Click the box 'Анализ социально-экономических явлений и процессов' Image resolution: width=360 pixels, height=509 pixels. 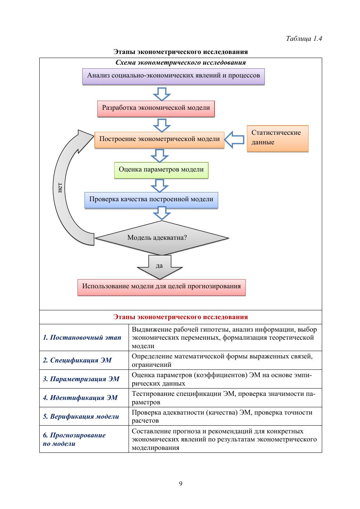coord(173,76)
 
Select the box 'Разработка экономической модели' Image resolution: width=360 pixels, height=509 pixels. coord(156,108)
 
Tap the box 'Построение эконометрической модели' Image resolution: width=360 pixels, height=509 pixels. coord(159,140)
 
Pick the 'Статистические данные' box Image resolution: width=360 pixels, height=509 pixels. coord(277,138)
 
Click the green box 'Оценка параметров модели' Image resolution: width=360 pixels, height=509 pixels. coord(161,170)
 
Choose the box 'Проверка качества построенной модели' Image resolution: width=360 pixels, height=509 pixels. coord(151,200)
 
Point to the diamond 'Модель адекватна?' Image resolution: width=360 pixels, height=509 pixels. coord(162,238)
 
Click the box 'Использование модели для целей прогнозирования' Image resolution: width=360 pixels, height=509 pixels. coord(161,287)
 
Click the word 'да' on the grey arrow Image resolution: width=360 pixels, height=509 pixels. coord(159,266)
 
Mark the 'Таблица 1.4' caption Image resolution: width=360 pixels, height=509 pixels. coord(304,39)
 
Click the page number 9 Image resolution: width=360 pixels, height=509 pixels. coord(180,483)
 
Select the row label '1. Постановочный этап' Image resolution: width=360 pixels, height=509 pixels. coord(82,337)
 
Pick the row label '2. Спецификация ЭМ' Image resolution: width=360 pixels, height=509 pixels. coord(77,360)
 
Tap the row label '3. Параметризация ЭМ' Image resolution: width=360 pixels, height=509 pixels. coord(81,379)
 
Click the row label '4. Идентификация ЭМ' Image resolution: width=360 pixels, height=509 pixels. coord(80,398)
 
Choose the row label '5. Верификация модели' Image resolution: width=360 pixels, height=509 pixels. coord(81,416)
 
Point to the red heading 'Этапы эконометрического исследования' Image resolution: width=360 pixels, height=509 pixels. coord(180,317)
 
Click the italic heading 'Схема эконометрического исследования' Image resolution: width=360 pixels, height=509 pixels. coord(180,62)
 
